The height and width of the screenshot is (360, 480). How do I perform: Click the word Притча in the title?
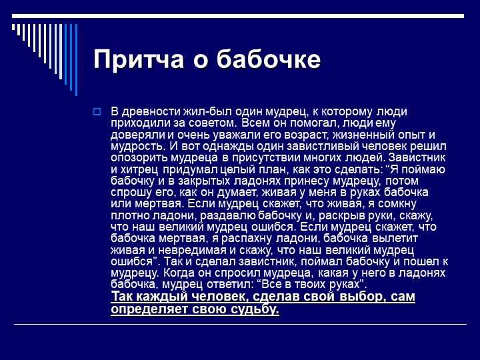139,59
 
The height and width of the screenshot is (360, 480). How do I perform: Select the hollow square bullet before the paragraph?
97,111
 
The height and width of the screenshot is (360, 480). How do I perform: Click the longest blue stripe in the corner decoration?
76,60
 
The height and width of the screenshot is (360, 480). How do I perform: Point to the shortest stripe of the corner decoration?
13,27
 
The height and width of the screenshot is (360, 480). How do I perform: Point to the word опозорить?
139,158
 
